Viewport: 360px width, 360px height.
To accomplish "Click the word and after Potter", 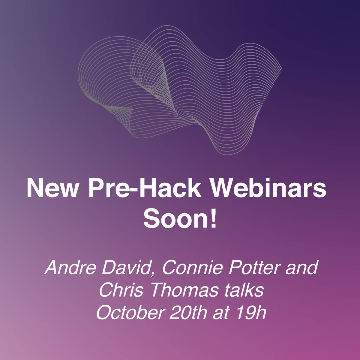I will (x=303, y=268).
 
